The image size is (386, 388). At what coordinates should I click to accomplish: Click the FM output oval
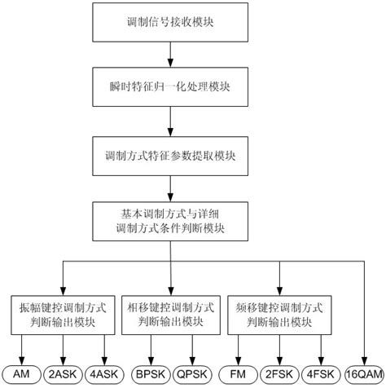click(242, 373)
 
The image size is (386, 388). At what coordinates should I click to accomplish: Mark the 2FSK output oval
click(281, 373)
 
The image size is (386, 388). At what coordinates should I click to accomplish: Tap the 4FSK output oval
click(325, 373)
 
